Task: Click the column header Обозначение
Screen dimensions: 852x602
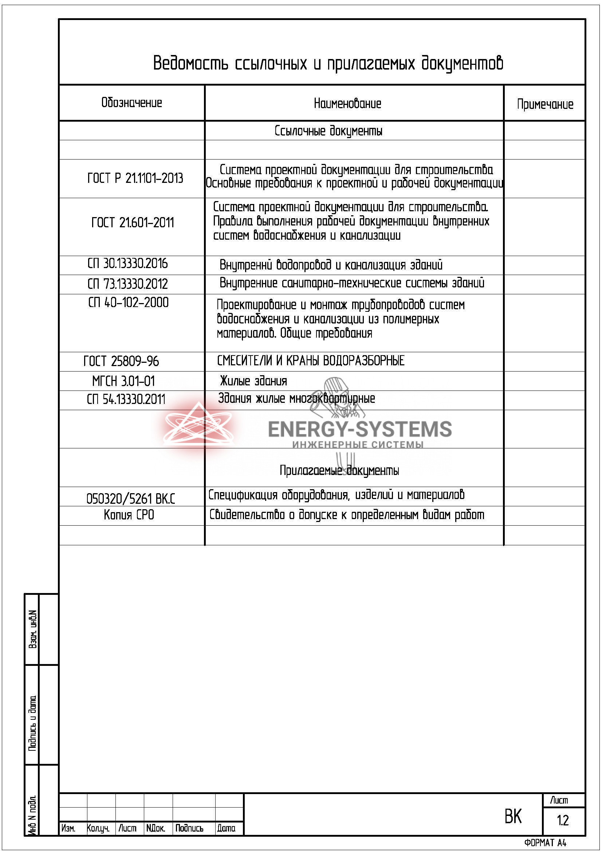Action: point(132,103)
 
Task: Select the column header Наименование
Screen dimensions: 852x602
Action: point(347,103)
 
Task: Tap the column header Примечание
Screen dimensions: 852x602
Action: point(544,104)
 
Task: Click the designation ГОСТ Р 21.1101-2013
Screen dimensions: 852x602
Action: point(135,178)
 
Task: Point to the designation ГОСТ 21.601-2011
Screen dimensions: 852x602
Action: point(133,223)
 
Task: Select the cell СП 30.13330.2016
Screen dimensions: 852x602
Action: point(127,264)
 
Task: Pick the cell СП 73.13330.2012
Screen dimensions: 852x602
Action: point(127,284)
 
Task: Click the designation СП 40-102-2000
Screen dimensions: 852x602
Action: point(128,303)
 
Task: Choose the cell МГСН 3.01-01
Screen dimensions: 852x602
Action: point(123,381)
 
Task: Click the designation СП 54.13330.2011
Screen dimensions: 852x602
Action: point(126,400)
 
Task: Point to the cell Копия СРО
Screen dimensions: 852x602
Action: point(129,515)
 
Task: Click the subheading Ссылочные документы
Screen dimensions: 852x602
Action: point(328,131)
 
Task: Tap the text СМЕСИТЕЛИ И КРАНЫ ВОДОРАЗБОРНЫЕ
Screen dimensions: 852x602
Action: point(310,361)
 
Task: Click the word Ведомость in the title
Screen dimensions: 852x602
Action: point(190,63)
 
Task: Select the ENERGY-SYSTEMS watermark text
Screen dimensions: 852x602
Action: point(359,429)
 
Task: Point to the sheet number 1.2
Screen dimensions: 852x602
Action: point(562,820)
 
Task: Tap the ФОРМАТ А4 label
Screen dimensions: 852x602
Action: point(545,843)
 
